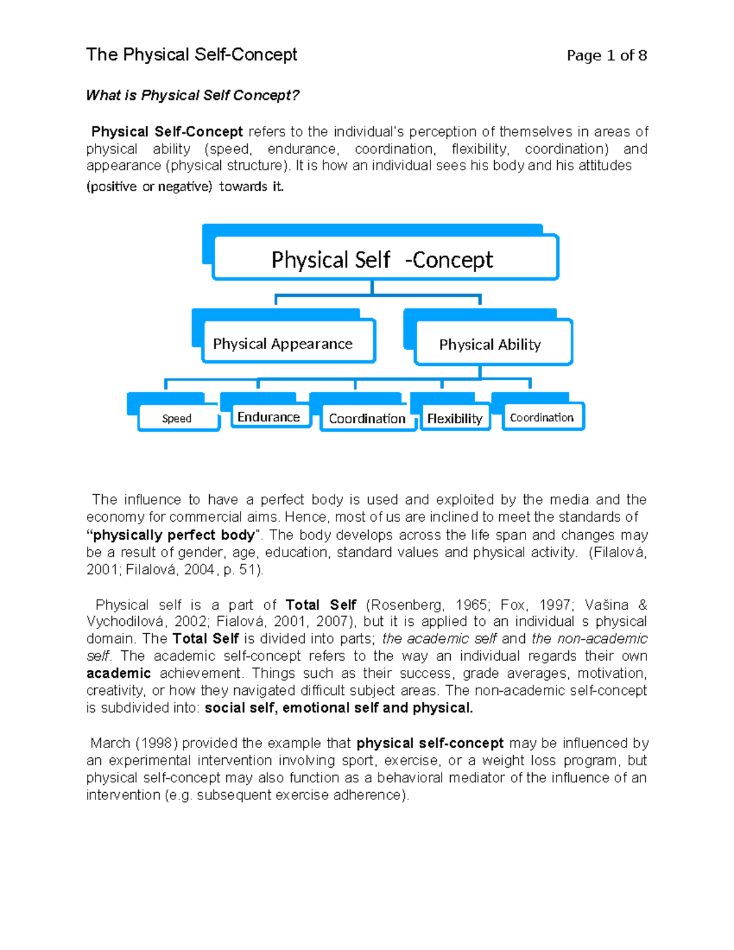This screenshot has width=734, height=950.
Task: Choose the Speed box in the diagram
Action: [177, 418]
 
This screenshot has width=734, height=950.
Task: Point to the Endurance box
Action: [269, 417]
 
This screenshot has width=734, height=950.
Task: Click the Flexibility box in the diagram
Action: [454, 418]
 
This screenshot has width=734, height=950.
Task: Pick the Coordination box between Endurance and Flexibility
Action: [367, 418]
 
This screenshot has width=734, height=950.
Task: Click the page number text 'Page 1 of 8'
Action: [606, 56]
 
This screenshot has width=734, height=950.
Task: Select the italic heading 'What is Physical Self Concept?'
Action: [193, 95]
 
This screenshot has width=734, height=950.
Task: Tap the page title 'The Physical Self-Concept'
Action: [191, 55]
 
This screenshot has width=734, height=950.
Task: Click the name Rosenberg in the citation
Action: [406, 605]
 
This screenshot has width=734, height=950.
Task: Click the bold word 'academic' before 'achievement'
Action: [119, 674]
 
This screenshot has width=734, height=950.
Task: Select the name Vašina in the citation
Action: [606, 605]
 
